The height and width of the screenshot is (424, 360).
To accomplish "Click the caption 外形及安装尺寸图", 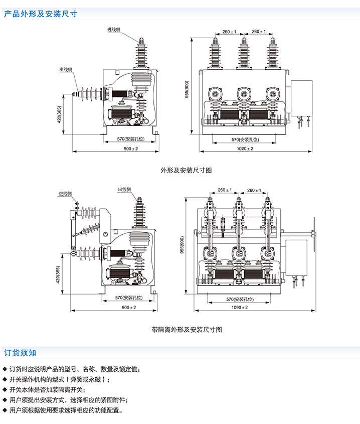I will pyautogui.click(x=186, y=170).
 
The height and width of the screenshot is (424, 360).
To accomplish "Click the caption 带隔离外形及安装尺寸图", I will pyautogui.click(x=186, y=330).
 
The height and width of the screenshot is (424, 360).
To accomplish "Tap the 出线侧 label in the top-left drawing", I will pyautogui.click(x=66, y=69).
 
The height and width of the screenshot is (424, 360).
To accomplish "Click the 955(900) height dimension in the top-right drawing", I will pyautogui.click(x=187, y=90).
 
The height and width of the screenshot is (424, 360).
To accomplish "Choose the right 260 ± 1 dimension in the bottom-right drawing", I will pyautogui.click(x=254, y=190).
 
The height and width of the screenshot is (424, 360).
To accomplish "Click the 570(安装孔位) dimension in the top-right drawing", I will pyautogui.click(x=245, y=139).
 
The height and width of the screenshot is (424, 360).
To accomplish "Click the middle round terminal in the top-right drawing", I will pyautogui.click(x=244, y=92).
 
